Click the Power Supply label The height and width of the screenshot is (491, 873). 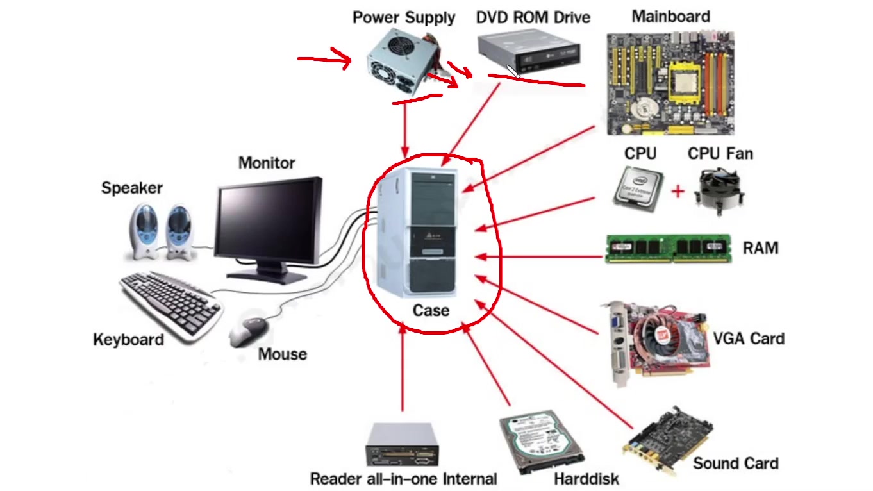point(403,17)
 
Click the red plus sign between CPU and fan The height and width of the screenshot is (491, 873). point(678,191)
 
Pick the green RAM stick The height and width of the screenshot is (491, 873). point(668,248)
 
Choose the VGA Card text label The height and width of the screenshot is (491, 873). point(749,338)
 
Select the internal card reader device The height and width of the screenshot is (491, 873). point(402,445)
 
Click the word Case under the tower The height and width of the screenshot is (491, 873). point(431,310)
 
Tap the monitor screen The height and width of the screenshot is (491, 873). point(267,222)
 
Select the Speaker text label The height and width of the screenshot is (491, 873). point(132,188)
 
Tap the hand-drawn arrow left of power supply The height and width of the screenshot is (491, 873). point(324,60)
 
